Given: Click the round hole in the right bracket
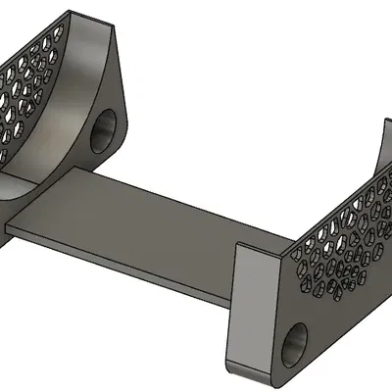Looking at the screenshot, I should pos(294,348).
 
